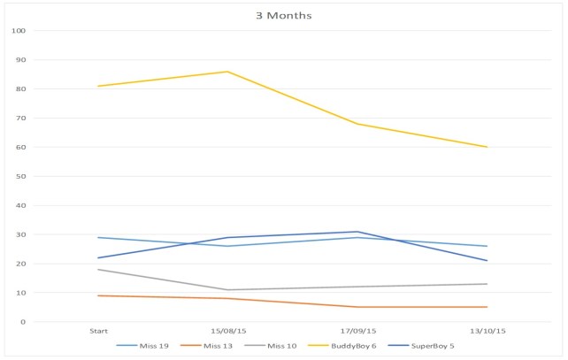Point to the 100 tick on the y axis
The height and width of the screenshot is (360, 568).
click(18, 31)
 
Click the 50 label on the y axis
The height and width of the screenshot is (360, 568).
click(20, 176)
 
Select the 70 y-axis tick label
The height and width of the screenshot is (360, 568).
click(20, 119)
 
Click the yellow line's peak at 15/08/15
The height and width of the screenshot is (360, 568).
click(227, 72)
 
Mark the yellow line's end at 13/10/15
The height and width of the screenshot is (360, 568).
click(487, 147)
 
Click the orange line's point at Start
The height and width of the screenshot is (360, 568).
click(98, 295)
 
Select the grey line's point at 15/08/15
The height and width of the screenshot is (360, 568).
click(227, 289)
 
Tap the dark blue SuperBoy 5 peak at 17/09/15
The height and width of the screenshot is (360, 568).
click(357, 232)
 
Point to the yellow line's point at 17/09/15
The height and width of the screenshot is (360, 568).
click(357, 124)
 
